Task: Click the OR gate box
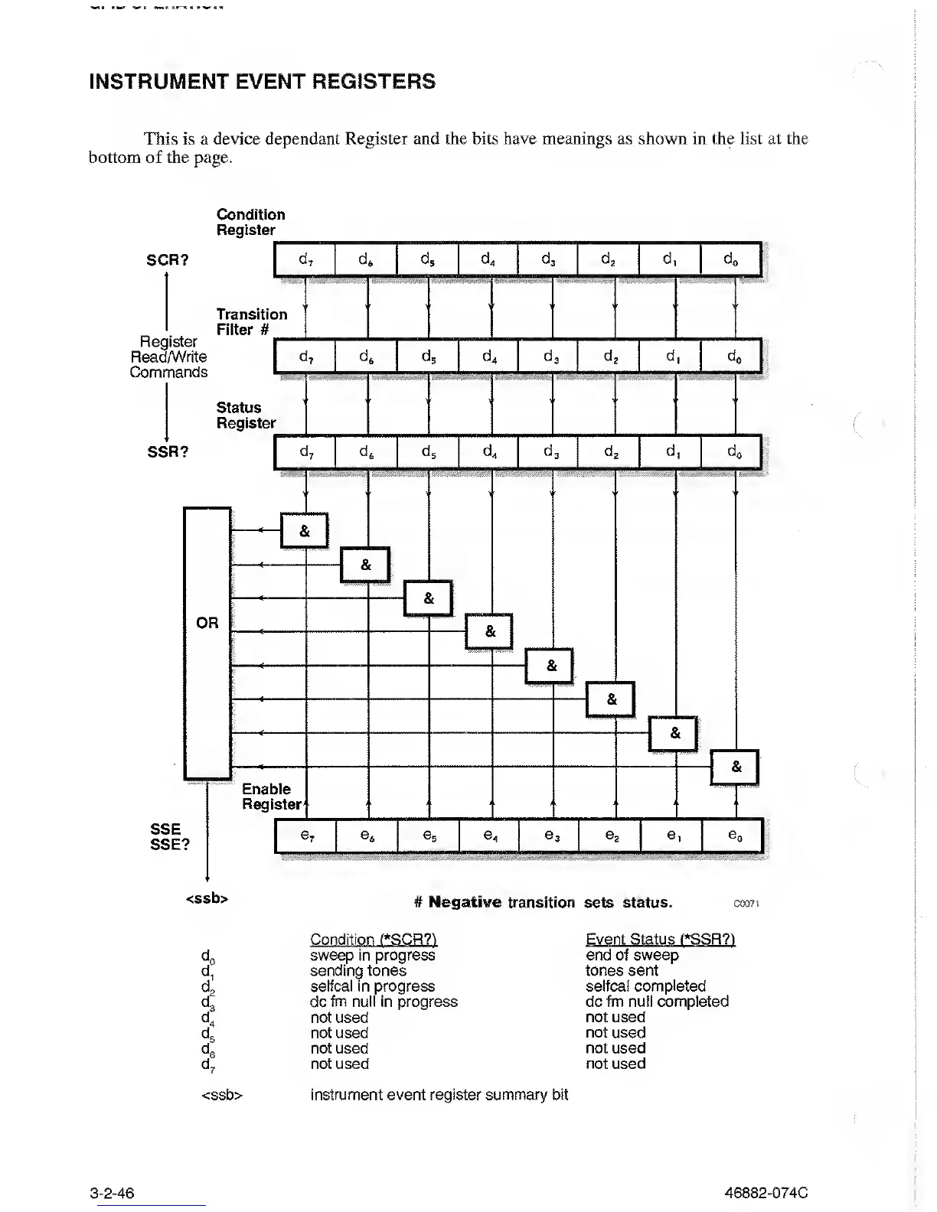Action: (207, 643)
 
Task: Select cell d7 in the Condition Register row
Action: (305, 259)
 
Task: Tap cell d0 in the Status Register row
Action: (733, 452)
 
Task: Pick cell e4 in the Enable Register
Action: (490, 836)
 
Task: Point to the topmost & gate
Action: (305, 531)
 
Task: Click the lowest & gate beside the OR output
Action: (736, 767)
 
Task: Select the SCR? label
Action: (168, 260)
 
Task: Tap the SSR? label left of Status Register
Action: (168, 452)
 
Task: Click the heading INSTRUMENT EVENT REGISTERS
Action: (263, 82)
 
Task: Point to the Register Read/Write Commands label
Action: (168, 357)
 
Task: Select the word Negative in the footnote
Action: (465, 902)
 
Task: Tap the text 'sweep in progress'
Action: (372, 956)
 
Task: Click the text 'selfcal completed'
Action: (645, 986)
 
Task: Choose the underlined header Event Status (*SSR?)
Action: (660, 940)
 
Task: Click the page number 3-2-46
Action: (112, 1193)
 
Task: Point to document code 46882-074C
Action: (766, 1193)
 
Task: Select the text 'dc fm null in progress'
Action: (384, 1002)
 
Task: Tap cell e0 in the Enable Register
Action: (733, 836)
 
